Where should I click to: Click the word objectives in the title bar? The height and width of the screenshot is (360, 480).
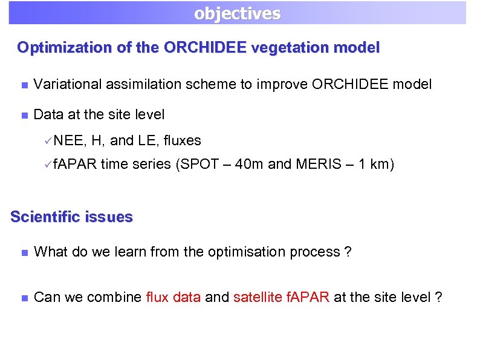click(x=237, y=13)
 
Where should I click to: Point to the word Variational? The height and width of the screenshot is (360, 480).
click(x=67, y=84)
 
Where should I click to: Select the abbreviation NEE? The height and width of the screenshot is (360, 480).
click(x=70, y=141)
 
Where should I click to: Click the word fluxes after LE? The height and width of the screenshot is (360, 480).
click(x=182, y=141)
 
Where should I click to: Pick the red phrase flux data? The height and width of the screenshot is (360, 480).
click(x=174, y=297)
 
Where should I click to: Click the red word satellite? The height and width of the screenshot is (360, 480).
click(x=255, y=297)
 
